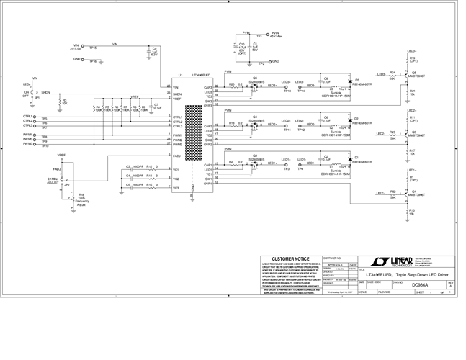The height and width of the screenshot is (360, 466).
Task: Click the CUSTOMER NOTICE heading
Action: point(292,258)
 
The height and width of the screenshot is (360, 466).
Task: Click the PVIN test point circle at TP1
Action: point(268,33)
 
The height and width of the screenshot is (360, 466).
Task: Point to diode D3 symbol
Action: point(349,81)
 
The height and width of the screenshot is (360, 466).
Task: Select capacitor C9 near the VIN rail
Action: point(148,51)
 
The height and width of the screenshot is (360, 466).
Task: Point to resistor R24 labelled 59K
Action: point(393,75)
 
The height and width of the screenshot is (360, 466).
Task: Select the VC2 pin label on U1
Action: point(176,179)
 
